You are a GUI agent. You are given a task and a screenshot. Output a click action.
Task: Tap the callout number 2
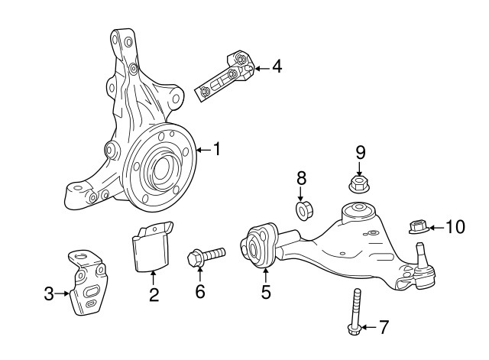(x=154, y=294)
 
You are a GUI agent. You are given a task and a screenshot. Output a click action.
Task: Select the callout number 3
(x=50, y=293)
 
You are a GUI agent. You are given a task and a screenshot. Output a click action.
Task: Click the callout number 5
(x=265, y=291)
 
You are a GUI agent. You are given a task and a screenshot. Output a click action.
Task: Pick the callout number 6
(x=200, y=292)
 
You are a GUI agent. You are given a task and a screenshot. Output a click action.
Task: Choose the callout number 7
(x=384, y=328)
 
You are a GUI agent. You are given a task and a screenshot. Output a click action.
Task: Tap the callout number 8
(x=301, y=179)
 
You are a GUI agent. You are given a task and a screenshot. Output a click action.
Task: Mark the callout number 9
(x=359, y=152)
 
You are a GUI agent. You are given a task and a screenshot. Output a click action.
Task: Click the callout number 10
(x=455, y=227)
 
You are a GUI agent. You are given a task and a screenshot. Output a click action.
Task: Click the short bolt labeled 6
(x=205, y=254)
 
